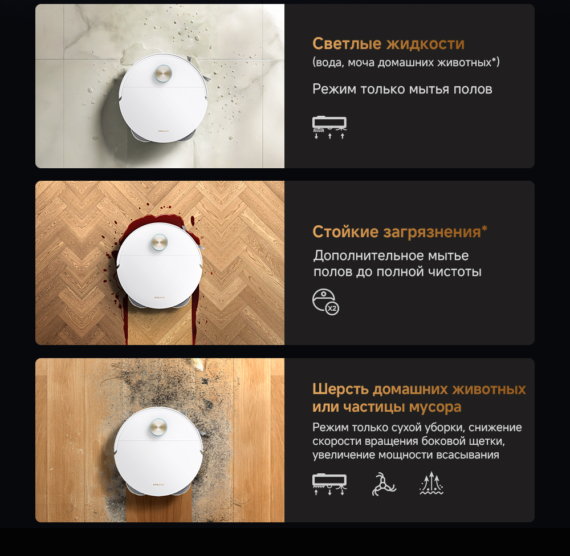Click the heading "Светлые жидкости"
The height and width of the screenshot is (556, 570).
(x=388, y=44)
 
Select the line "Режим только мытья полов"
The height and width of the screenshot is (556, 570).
(x=402, y=89)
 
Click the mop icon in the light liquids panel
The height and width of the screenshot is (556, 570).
(x=329, y=127)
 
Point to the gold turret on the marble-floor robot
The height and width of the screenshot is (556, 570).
(x=163, y=74)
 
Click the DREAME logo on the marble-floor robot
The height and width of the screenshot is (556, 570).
(x=163, y=131)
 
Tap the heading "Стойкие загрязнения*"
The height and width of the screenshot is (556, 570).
(x=400, y=232)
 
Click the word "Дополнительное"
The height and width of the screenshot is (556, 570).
(x=368, y=255)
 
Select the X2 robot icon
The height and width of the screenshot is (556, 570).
(x=325, y=302)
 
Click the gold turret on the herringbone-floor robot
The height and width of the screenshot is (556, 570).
(x=159, y=242)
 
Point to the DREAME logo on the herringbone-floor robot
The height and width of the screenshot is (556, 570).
(x=159, y=298)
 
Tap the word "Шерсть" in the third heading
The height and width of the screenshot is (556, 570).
(x=340, y=389)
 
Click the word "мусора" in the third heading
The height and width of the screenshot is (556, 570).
(x=435, y=407)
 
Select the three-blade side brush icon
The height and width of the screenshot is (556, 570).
(x=384, y=484)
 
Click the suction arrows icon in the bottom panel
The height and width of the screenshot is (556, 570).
(x=431, y=483)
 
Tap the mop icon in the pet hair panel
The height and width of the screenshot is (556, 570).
(x=329, y=484)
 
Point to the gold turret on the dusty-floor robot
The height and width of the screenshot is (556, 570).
(x=158, y=427)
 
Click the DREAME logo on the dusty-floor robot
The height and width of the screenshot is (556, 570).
(x=158, y=484)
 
